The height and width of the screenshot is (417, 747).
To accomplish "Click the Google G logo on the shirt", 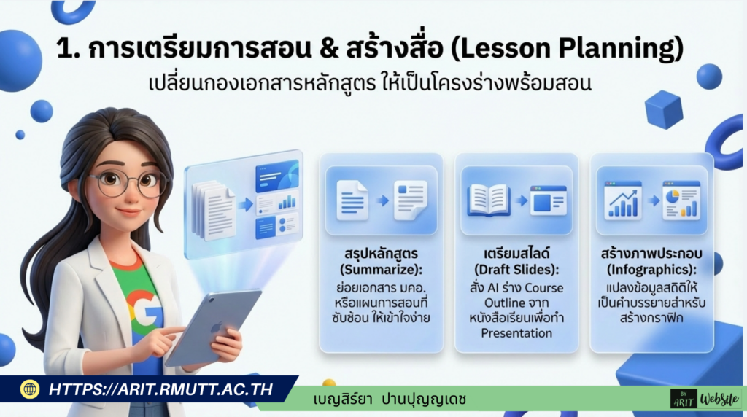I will pyautogui.click(x=145, y=306).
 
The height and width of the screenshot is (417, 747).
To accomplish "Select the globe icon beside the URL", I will pyautogui.click(x=30, y=389).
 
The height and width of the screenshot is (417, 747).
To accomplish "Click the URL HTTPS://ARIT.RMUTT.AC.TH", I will pyautogui.click(x=160, y=389).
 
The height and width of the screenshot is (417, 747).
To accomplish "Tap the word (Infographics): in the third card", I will pyautogui.click(x=651, y=270).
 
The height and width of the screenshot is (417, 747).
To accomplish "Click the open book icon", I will pyautogui.click(x=488, y=200).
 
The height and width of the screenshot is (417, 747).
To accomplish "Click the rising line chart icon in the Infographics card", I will pyautogui.click(x=622, y=200).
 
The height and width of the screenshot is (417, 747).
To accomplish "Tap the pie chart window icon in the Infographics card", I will pyautogui.click(x=681, y=200).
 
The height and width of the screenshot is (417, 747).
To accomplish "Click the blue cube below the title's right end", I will pyautogui.click(x=664, y=109).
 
